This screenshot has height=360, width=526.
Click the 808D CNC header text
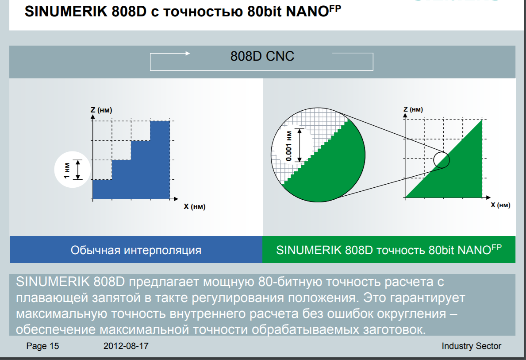[262, 56]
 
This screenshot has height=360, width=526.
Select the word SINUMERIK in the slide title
[66, 12]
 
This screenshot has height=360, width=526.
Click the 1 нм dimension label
[67, 170]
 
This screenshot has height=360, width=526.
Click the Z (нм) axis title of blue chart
[101, 110]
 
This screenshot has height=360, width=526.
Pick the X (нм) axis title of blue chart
[195, 206]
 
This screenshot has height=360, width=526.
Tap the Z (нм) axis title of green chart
[413, 109]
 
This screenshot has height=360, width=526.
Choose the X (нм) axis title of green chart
[500, 205]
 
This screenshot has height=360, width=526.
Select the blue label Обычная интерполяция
[136, 250]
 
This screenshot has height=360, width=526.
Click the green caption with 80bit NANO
[389, 249]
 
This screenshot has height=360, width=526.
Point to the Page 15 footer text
[42, 346]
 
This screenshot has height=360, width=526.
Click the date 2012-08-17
[126, 346]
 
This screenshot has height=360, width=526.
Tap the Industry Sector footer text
[471, 346]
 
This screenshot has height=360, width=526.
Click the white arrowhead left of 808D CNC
[188, 53]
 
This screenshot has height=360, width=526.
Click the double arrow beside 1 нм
[78, 170]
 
